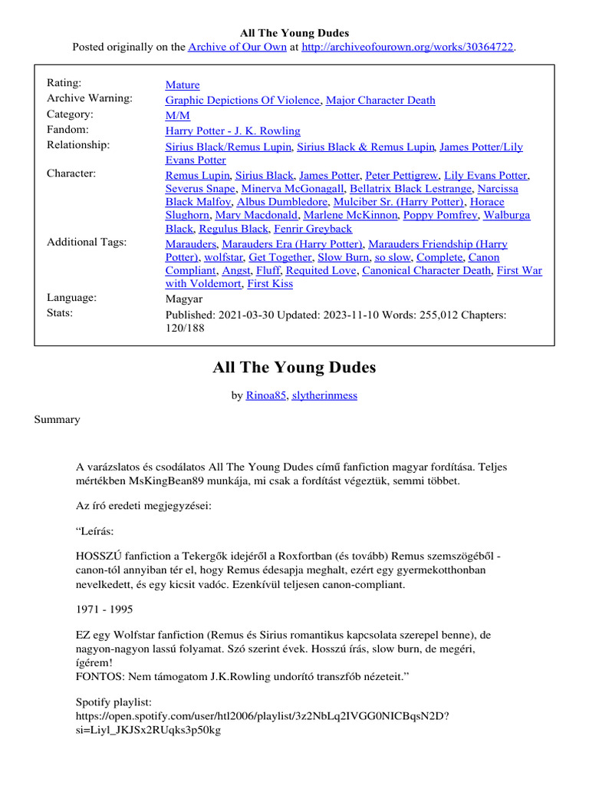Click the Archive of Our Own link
[238, 47]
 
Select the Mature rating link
[183, 85]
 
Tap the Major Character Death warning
[380, 100]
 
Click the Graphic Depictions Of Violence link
[242, 100]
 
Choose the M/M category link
[177, 115]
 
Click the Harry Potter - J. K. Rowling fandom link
[233, 130]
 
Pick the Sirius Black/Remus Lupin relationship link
[228, 147]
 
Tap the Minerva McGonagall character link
[292, 189]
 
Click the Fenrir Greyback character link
[314, 229]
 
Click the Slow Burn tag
[344, 257]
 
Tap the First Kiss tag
[269, 283]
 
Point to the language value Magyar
[184, 299]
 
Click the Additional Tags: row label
[87, 243]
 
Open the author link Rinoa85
[265, 395]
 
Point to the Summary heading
[57, 420]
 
